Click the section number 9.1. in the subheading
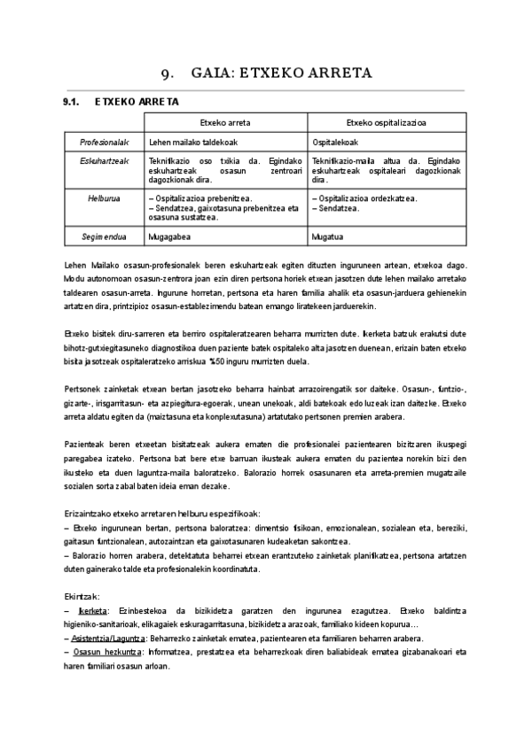pyautogui.click(x=72, y=102)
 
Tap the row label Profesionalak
pyautogui.click(x=105, y=142)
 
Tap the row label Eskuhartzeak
pyautogui.click(x=105, y=161)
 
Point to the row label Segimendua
pyautogui.click(x=105, y=237)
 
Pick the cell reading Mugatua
pyautogui.click(x=330, y=237)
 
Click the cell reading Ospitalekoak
pyautogui.click(x=339, y=142)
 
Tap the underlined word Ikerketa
pyautogui.click(x=93, y=611)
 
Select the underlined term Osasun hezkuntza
pyautogui.click(x=102, y=651)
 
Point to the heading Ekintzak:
pyautogui.click(x=82, y=597)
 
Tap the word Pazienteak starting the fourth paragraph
pyautogui.click(x=86, y=444)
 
